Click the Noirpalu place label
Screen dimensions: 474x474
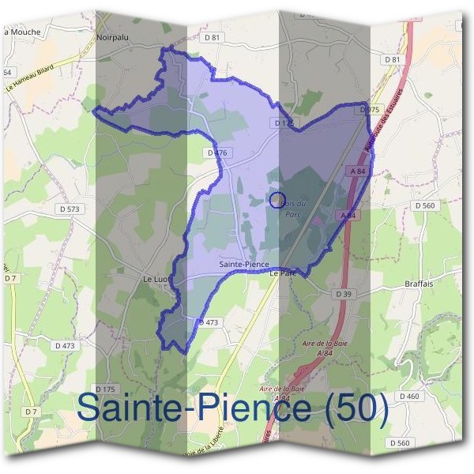[112, 36]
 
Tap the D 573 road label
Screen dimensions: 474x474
[70, 209]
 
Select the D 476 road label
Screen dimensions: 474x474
[215, 152]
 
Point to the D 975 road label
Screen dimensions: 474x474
[370, 110]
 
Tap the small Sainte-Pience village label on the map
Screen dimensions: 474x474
[243, 265]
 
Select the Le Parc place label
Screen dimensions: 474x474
[281, 273]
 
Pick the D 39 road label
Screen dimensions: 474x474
[343, 294]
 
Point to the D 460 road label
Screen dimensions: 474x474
[409, 396]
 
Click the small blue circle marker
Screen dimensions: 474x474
[276, 200]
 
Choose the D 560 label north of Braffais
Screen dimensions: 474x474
[425, 205]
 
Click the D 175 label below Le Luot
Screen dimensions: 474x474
[105, 389]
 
